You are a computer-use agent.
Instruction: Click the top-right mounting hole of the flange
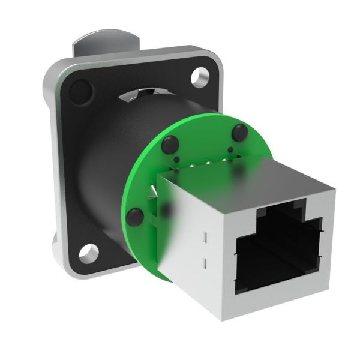click(x=197, y=77)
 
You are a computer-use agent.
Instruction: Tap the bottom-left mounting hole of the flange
click(x=89, y=254)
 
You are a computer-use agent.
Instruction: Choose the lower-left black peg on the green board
click(x=134, y=214)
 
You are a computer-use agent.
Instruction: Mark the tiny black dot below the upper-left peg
click(x=177, y=158)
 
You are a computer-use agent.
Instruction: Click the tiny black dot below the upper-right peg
click(x=231, y=149)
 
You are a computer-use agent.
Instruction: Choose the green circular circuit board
click(x=144, y=180)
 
